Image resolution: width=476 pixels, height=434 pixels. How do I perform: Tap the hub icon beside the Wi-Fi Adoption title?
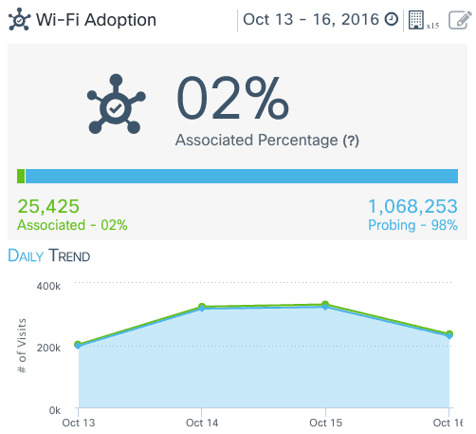[x=18, y=20]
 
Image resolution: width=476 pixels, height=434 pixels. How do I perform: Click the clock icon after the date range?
[x=391, y=20]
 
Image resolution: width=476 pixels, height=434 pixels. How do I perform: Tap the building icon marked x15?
[x=416, y=20]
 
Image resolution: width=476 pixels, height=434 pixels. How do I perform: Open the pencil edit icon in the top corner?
[x=458, y=20]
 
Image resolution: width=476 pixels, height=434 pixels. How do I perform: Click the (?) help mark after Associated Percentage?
[x=351, y=141]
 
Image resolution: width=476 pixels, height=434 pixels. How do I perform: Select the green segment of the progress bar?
[x=21, y=176]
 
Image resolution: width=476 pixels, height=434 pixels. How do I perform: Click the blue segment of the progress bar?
[x=242, y=176]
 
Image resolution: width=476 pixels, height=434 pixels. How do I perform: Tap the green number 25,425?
[x=48, y=206]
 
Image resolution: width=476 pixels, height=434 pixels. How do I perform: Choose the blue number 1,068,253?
[x=412, y=206]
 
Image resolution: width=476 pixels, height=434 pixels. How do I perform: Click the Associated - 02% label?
[x=72, y=225]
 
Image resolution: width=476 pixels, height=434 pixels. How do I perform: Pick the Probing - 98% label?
[x=412, y=225]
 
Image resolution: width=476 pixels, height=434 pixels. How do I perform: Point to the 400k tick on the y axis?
[x=48, y=285]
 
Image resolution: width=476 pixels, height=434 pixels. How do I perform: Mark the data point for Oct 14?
[x=202, y=308]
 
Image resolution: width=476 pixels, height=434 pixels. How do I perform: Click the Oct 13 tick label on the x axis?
[x=77, y=422]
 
